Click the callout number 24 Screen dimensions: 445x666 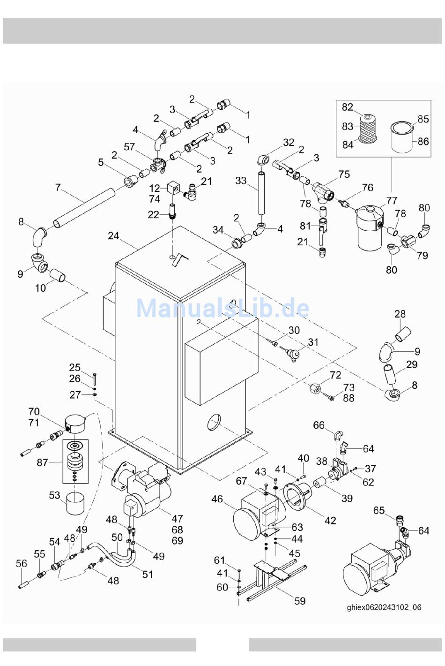click(x=113, y=236)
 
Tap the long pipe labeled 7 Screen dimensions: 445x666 click(x=84, y=207)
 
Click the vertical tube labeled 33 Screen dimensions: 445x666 click(x=261, y=193)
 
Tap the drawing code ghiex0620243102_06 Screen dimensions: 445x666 click(x=384, y=607)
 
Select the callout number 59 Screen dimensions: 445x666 click(x=300, y=601)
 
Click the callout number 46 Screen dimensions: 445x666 click(x=217, y=499)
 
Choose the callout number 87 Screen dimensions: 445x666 click(x=42, y=462)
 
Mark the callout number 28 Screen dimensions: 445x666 click(x=400, y=314)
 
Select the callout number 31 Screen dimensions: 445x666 click(x=313, y=342)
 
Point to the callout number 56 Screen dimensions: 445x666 click(x=21, y=563)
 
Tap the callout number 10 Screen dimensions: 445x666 click(x=40, y=288)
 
